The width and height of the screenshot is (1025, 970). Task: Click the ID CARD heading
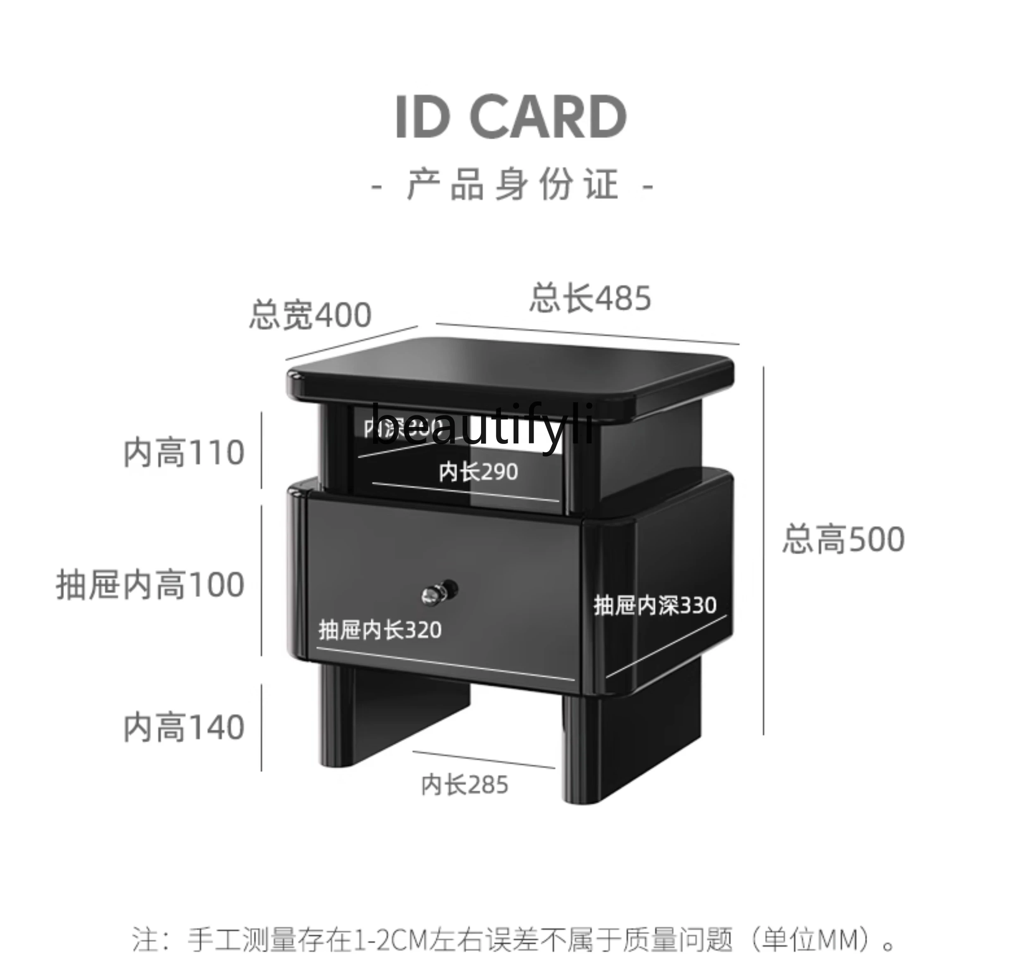click(511, 117)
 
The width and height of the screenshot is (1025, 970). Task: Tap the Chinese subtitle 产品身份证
click(512, 185)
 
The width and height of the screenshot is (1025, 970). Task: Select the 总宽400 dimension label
click(310, 315)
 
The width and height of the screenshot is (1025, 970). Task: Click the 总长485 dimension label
click(590, 298)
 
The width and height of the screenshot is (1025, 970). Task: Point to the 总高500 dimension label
click(843, 539)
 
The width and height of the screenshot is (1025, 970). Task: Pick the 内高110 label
click(184, 453)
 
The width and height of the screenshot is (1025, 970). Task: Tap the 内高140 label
click(184, 728)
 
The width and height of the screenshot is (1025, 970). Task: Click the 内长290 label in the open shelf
click(478, 472)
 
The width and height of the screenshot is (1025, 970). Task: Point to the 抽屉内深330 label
click(655, 605)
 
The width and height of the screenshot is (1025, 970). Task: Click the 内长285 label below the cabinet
click(465, 785)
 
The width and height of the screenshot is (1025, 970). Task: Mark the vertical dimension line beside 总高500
click(763, 551)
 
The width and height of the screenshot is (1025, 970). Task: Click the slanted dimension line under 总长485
click(587, 334)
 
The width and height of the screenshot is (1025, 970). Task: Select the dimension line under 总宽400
click(352, 343)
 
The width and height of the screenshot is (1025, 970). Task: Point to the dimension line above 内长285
click(483, 760)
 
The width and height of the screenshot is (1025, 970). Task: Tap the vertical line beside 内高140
click(262, 728)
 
